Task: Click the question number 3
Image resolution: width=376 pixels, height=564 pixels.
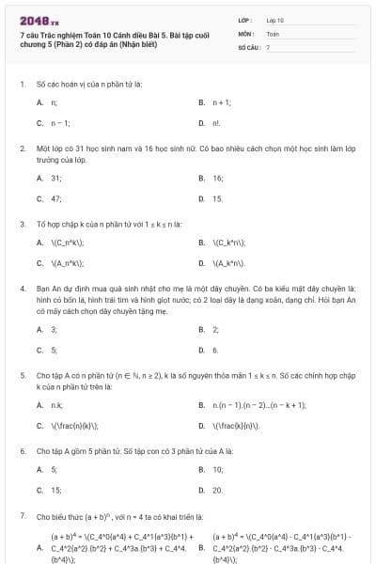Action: (23, 225)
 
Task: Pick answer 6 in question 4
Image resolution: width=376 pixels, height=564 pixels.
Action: (215, 350)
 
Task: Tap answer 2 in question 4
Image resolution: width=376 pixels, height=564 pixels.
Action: (215, 329)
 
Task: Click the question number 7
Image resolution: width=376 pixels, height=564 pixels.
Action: (23, 516)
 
